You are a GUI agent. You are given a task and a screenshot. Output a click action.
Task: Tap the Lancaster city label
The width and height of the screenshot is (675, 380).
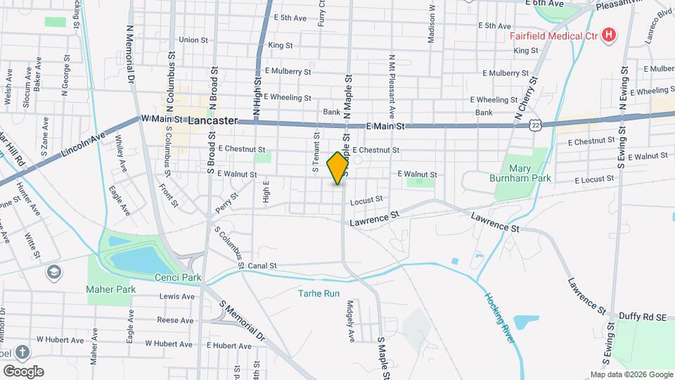[213, 120]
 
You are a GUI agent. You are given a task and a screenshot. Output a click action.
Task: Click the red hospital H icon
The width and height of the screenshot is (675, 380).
[610, 34]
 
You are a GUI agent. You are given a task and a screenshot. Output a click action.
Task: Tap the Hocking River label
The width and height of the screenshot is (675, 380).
[499, 317]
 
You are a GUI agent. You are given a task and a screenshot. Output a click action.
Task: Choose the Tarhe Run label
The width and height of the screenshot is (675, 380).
[319, 293]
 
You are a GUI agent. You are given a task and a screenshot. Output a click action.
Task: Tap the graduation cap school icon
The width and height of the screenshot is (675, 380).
[53, 272]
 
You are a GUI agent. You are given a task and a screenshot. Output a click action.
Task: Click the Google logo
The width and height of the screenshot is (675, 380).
[23, 371]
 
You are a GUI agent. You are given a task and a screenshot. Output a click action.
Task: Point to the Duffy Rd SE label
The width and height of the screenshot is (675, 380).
[643, 317]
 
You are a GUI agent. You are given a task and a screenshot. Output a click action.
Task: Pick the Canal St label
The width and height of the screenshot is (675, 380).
[262, 266]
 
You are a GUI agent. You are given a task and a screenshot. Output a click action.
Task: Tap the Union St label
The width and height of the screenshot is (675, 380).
[189, 40]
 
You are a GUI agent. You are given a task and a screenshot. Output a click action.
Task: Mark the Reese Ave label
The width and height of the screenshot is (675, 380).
[175, 320]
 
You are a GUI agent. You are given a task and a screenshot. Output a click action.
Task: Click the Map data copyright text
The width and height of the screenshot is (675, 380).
[631, 374]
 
